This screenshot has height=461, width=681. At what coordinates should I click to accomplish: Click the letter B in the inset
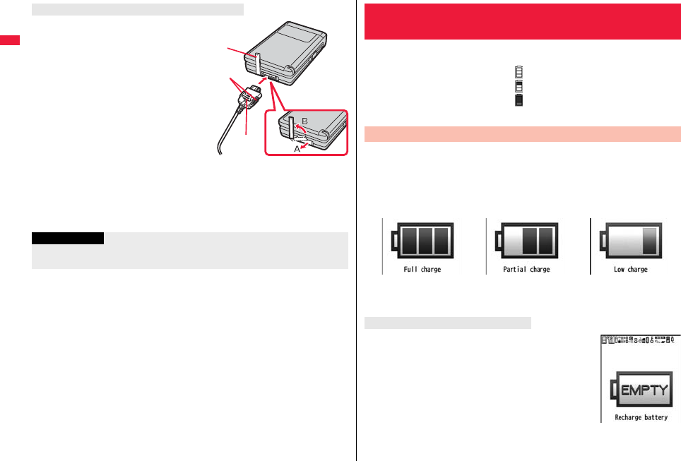pos(305,121)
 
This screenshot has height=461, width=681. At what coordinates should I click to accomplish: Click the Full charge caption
pos(421,270)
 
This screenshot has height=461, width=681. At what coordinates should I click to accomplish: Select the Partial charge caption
pos(525,270)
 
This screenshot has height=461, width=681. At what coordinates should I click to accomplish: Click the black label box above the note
pos(68,239)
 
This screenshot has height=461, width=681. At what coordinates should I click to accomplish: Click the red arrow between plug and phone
pos(261,84)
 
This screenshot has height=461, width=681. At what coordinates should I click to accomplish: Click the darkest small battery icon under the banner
pos(519,100)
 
